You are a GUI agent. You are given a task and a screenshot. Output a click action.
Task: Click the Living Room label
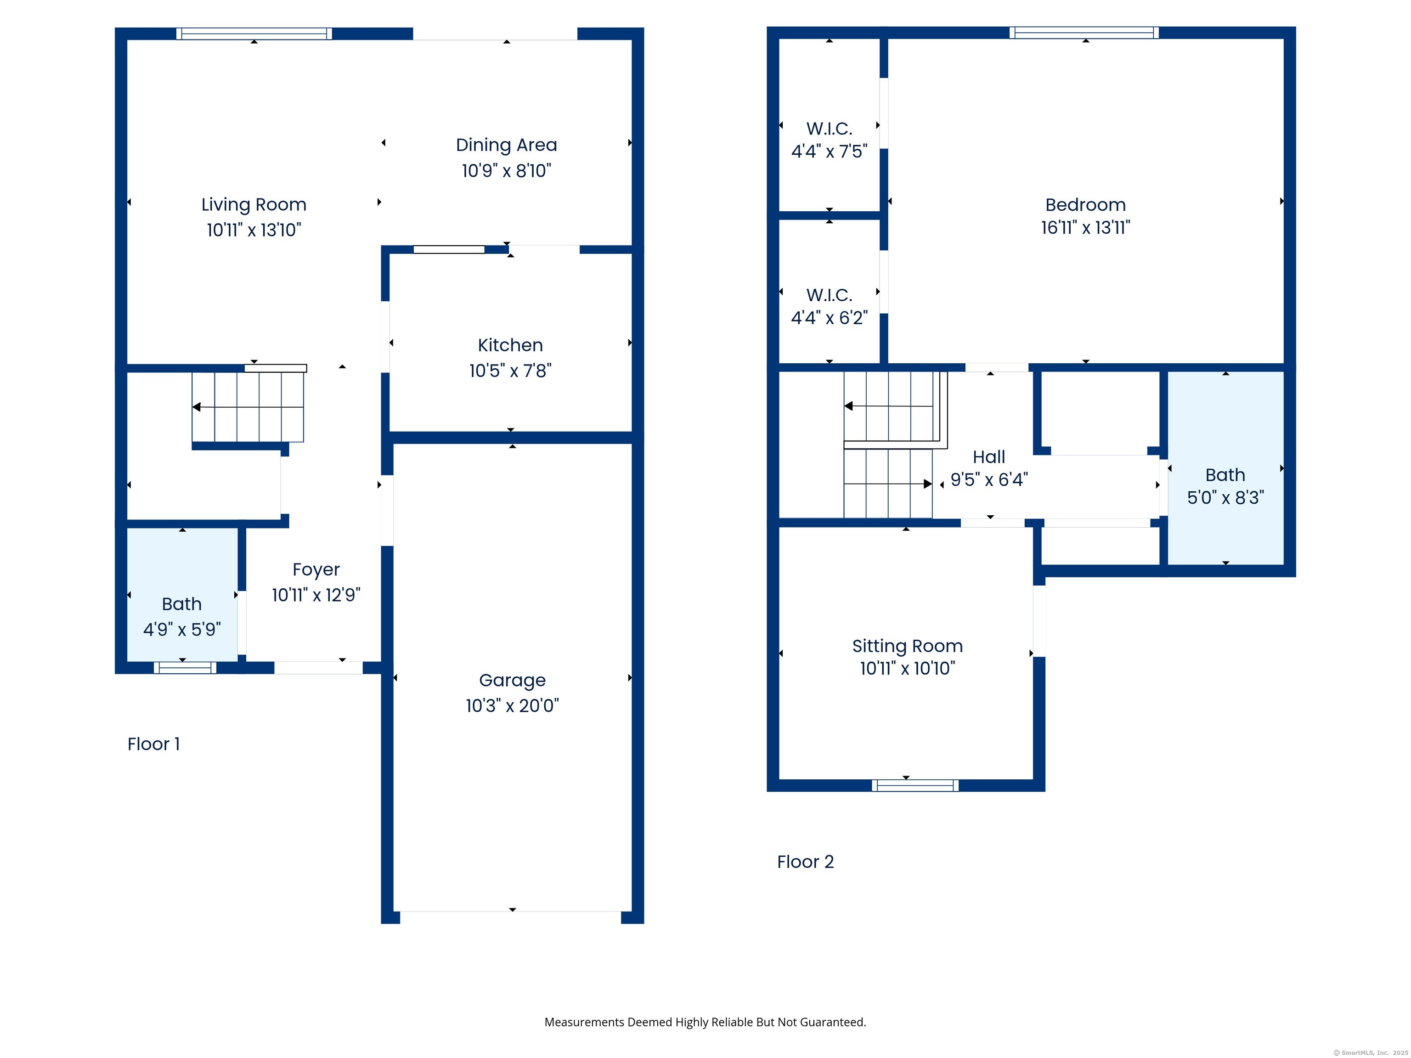click(x=254, y=205)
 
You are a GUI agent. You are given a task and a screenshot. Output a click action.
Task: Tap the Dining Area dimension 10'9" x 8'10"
click(x=507, y=171)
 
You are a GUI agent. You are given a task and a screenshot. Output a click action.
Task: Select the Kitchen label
click(x=510, y=345)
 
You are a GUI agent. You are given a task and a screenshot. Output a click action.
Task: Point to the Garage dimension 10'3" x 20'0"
click(x=512, y=706)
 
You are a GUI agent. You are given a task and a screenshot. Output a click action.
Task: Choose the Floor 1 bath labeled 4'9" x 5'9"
click(x=182, y=616)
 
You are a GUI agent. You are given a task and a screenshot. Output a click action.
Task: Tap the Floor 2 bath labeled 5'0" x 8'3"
click(x=1225, y=486)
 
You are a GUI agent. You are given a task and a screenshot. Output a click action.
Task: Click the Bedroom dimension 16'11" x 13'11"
click(x=1086, y=228)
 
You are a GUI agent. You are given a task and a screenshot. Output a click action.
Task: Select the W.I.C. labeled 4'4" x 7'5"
click(x=829, y=140)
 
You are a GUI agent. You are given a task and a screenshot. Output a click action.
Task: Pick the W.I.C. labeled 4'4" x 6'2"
click(x=829, y=306)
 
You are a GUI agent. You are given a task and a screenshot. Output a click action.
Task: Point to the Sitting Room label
click(x=907, y=646)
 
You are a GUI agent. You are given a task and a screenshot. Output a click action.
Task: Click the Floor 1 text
click(x=154, y=744)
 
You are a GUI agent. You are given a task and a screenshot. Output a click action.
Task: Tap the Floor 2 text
click(x=805, y=862)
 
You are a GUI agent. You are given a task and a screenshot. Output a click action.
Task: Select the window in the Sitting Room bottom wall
click(x=915, y=786)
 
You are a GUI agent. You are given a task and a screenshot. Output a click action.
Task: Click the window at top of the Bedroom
click(x=1084, y=33)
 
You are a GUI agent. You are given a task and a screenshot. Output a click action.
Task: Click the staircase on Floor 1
click(x=248, y=407)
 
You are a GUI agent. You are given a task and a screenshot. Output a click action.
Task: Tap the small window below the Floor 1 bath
click(x=185, y=668)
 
